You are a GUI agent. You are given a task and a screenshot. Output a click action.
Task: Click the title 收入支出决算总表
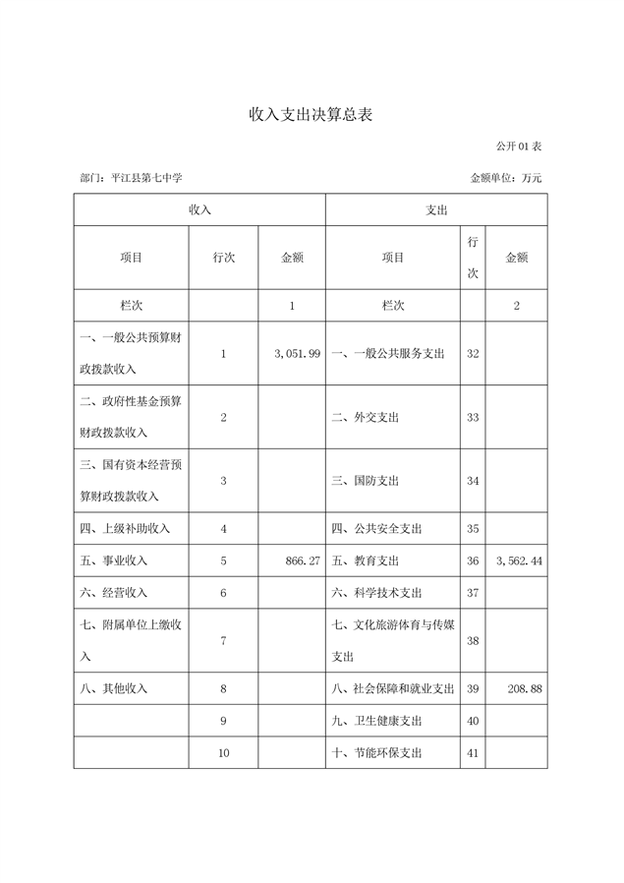click(x=311, y=115)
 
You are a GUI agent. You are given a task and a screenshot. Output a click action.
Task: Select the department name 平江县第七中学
click(x=146, y=178)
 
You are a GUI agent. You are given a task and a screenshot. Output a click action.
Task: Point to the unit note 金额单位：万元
click(x=506, y=178)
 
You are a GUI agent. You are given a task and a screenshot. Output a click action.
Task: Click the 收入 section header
click(x=199, y=209)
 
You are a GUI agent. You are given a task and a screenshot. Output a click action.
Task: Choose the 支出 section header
click(x=436, y=209)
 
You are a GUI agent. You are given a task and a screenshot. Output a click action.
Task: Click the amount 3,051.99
click(x=292, y=353)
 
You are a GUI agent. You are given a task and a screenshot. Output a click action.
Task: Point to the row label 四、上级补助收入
click(x=124, y=528)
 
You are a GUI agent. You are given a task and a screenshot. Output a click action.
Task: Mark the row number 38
click(x=472, y=640)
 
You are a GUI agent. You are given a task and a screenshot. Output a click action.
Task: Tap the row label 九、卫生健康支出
click(x=377, y=721)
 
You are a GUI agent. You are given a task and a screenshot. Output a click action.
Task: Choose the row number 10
click(x=223, y=753)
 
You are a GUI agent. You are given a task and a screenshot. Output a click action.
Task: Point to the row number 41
click(x=472, y=753)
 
